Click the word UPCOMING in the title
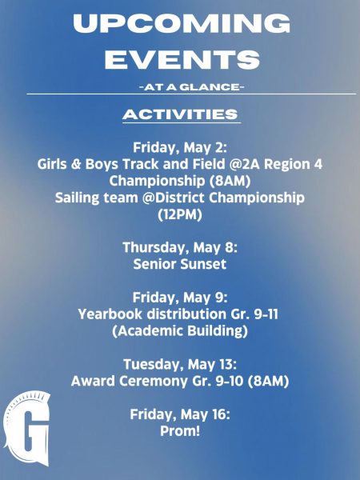(182, 23)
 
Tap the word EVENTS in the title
(182, 59)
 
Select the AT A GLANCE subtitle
(192, 87)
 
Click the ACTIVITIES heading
(180, 114)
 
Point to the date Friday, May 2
(180, 148)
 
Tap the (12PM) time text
(180, 214)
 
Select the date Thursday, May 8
(180, 247)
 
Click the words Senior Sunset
(180, 264)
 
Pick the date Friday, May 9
(180, 298)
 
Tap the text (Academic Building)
(180, 331)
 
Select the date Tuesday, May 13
(180, 364)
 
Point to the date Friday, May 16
(180, 414)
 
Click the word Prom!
(180, 431)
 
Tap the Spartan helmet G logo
(27, 428)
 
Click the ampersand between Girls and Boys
(76, 164)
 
